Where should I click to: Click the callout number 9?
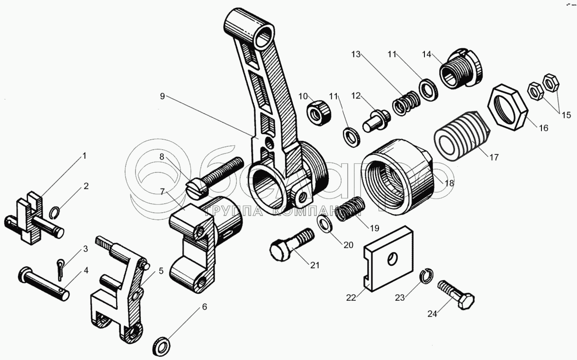coord(162,96)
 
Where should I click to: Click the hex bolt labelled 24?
coord(456,295)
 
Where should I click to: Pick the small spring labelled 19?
coord(350,210)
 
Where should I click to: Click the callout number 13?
coord(356,55)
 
